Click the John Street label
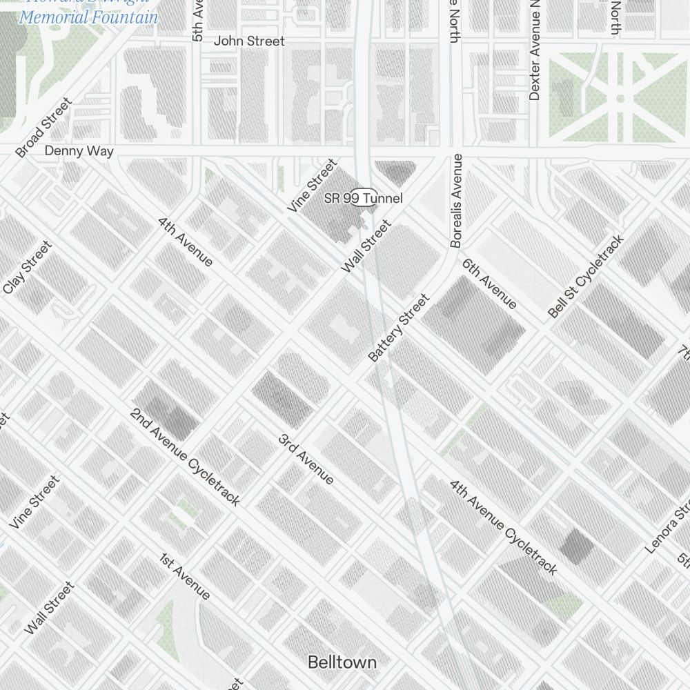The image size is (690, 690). (248, 41)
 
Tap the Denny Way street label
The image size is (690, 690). (79, 151)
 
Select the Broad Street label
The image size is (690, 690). (43, 128)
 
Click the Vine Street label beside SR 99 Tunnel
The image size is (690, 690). (313, 186)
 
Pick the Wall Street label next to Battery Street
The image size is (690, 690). (366, 246)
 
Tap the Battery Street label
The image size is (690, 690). (399, 328)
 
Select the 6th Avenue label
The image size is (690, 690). (489, 284)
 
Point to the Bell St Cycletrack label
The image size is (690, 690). (586, 277)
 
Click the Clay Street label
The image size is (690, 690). (28, 268)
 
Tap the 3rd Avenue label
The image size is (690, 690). (306, 460)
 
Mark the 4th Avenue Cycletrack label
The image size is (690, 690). (503, 528)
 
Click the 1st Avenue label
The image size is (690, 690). (185, 576)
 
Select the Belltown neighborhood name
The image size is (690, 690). (342, 663)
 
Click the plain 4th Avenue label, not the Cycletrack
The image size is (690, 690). (186, 241)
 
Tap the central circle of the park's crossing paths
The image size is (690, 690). (620, 99)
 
